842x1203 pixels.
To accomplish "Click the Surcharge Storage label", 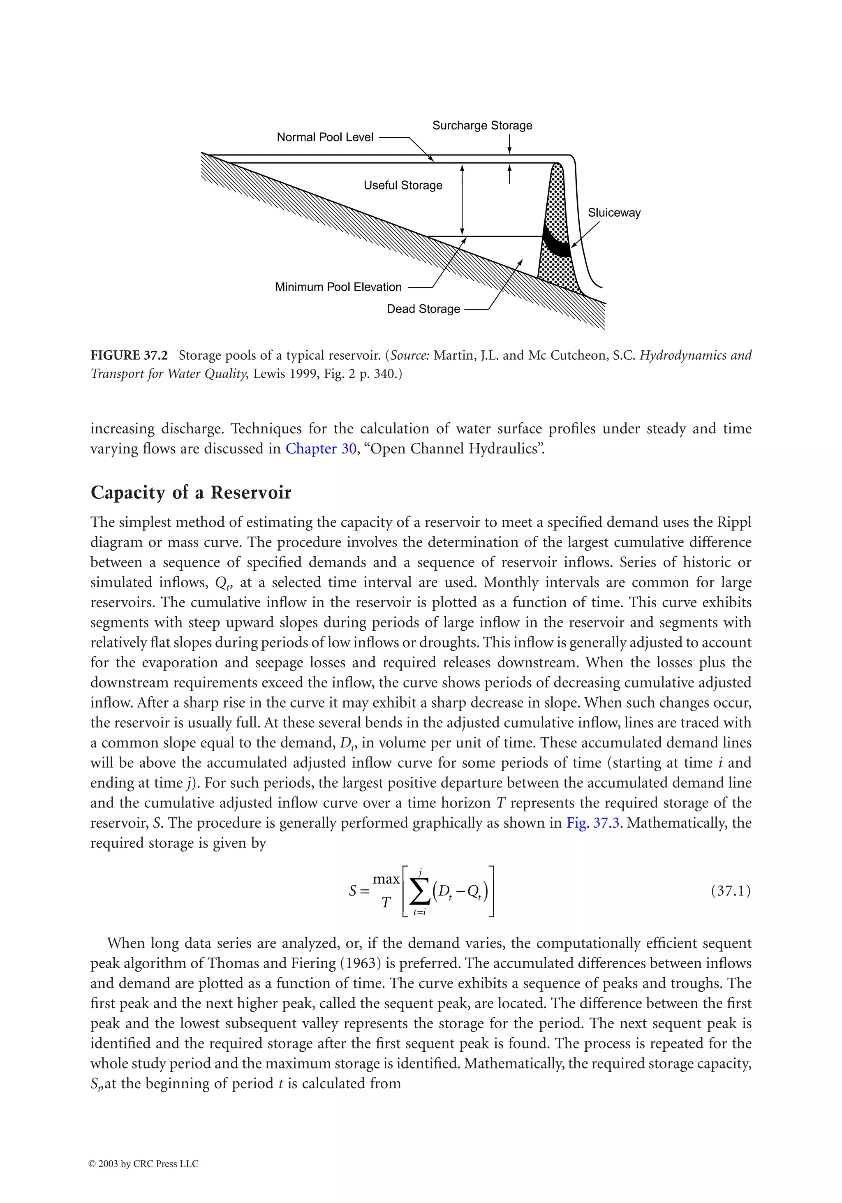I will click(x=481, y=126).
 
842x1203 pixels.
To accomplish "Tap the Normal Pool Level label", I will click(x=324, y=137).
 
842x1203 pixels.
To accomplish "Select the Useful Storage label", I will click(x=402, y=185).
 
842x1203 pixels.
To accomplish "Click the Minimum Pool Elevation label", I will click(x=338, y=287).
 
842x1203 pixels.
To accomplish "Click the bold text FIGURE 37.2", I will click(x=129, y=356).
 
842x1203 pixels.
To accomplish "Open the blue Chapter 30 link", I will click(x=321, y=449).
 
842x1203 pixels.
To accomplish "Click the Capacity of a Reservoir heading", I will click(x=191, y=493).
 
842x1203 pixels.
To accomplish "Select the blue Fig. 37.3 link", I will click(x=592, y=823).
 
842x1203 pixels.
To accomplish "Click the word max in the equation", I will click(x=386, y=879).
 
